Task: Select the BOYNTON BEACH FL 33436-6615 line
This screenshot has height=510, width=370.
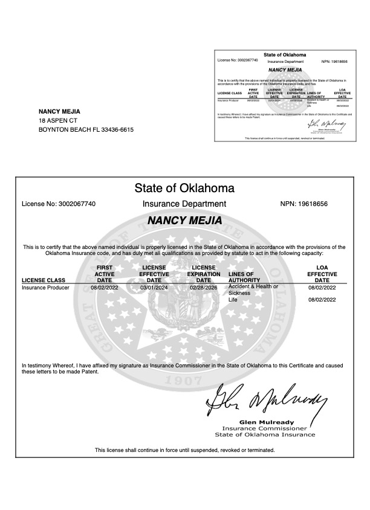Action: point(86,130)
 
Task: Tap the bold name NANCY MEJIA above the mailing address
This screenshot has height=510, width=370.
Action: point(59,112)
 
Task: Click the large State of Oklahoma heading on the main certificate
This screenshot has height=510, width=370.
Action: point(184,187)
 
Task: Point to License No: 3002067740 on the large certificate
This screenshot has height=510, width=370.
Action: point(59,204)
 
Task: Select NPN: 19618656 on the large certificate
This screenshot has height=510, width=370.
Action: point(304,204)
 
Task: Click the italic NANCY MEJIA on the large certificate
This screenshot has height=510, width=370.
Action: point(184,221)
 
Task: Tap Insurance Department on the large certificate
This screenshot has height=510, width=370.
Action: point(184,204)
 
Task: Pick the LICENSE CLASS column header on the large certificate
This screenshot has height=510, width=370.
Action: point(43,280)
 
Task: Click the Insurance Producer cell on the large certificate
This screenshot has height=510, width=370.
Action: point(45,288)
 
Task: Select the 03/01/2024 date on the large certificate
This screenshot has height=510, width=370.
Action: point(154,288)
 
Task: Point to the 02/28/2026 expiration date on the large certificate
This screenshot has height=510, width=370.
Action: point(204,288)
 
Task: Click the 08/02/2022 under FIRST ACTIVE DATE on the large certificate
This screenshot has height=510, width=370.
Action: point(105,288)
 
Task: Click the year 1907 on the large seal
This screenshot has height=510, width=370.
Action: point(184,382)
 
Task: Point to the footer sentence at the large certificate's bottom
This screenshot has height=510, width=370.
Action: point(184,450)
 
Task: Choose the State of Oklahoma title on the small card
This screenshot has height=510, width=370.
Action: point(285,55)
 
